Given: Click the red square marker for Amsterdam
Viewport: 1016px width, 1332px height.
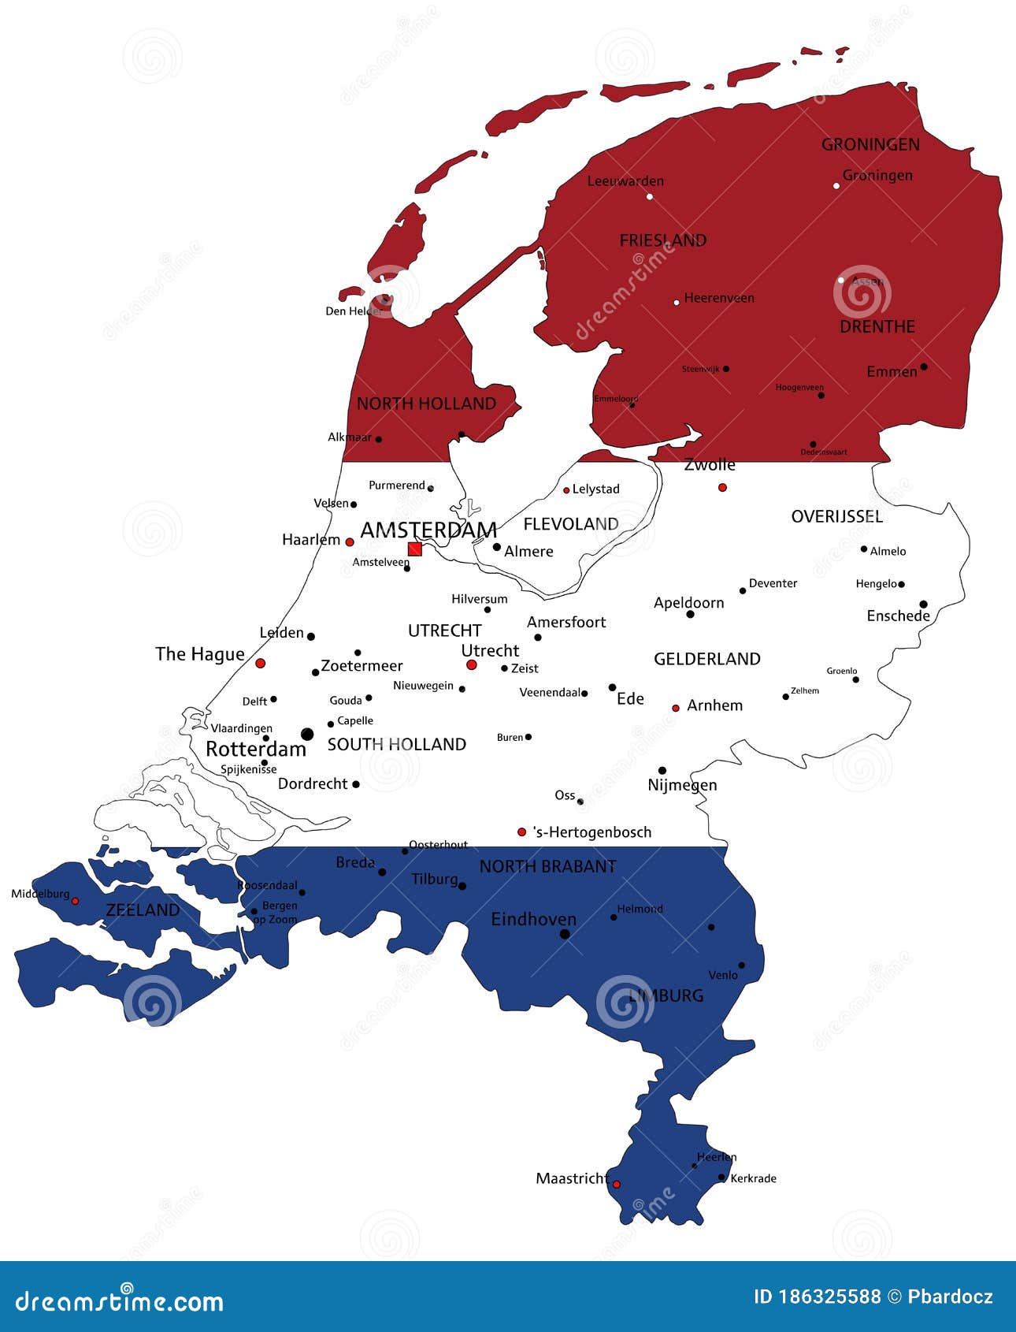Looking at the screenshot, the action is pyautogui.click(x=414, y=549).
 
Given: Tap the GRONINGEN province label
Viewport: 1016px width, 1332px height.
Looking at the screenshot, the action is pyautogui.click(x=870, y=144).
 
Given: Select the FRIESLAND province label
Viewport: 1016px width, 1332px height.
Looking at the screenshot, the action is pyautogui.click(x=662, y=240).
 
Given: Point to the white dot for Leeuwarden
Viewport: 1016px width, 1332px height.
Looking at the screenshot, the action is pyautogui.click(x=650, y=196).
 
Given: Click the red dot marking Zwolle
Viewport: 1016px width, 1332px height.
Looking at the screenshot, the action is pyautogui.click(x=722, y=487).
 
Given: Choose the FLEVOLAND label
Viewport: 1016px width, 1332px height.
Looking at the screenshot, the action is pyautogui.click(x=571, y=524).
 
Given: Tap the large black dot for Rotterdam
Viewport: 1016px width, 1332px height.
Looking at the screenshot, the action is pyautogui.click(x=307, y=735).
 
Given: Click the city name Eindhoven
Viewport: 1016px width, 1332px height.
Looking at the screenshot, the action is pyautogui.click(x=533, y=919).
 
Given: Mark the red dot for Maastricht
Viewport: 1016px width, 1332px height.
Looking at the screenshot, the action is pyautogui.click(x=617, y=1184).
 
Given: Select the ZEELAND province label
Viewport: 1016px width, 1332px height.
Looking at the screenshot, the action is pyautogui.click(x=143, y=910).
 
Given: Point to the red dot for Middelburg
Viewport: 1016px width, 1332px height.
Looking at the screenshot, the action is pyautogui.click(x=75, y=901).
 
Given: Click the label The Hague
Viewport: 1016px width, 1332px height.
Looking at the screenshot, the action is pyautogui.click(x=199, y=654).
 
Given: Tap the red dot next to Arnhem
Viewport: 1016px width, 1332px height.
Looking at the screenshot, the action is pyautogui.click(x=676, y=708).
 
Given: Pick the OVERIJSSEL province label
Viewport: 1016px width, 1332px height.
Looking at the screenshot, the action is pyautogui.click(x=836, y=517).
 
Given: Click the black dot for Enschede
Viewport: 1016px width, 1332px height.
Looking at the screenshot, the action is pyautogui.click(x=924, y=605).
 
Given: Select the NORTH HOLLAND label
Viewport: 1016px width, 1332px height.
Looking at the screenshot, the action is pyautogui.click(x=426, y=404).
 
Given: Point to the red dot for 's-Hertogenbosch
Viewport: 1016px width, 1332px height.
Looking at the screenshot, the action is pyautogui.click(x=521, y=832).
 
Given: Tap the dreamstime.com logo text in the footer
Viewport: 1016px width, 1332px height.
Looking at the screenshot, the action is pyautogui.click(x=120, y=1300).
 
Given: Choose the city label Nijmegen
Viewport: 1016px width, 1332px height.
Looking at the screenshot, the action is pyautogui.click(x=682, y=785).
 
